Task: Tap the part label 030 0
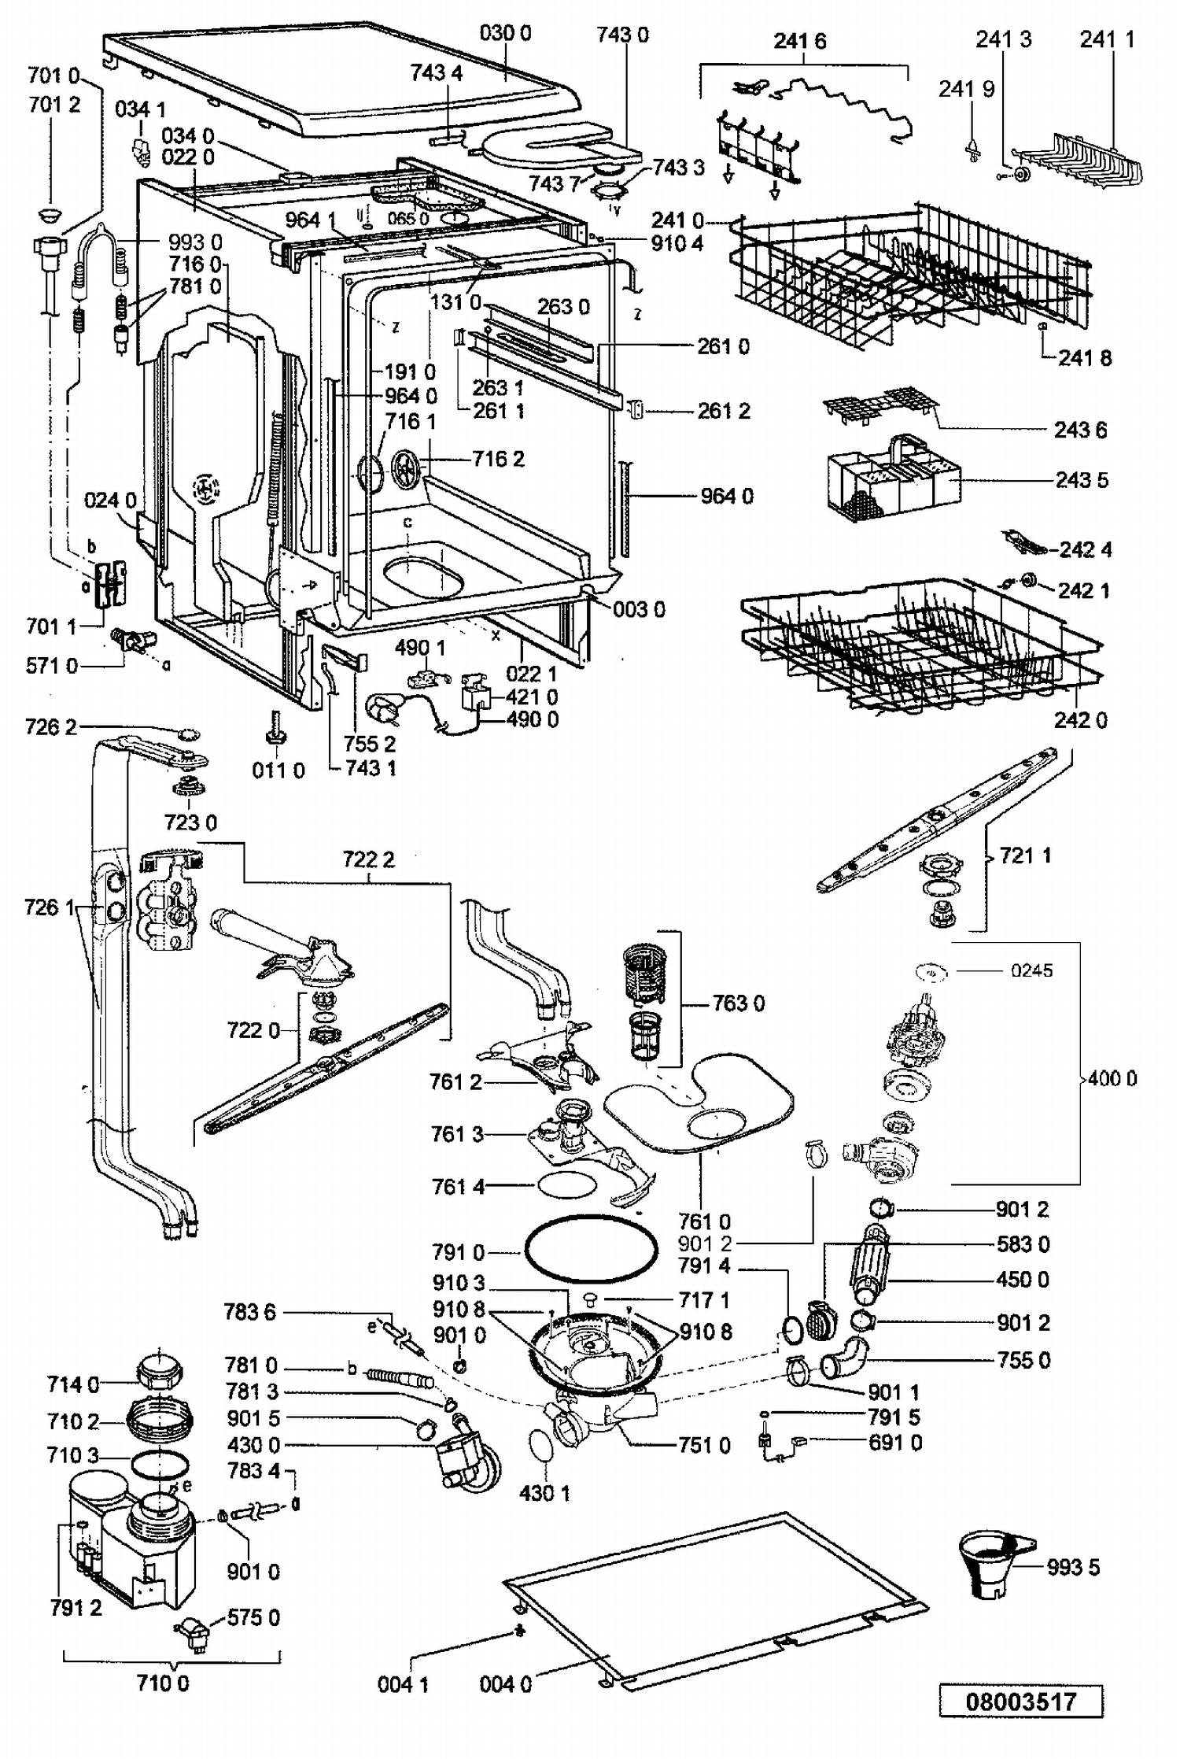click(x=505, y=33)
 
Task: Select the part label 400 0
click(x=1112, y=1078)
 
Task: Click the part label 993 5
click(x=1073, y=1568)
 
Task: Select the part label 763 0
click(x=738, y=1003)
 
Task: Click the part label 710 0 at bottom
click(x=162, y=1683)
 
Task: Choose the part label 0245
click(x=1031, y=971)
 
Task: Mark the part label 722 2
click(x=369, y=859)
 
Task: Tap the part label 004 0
click(x=505, y=1684)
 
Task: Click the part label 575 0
click(x=253, y=1617)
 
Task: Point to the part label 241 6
click(x=799, y=41)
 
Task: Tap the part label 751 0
click(x=704, y=1445)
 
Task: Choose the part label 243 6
click(x=1080, y=430)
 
